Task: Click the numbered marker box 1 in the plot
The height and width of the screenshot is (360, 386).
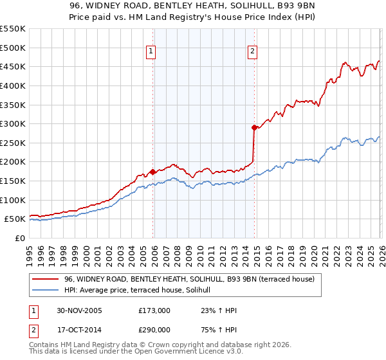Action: tap(150, 52)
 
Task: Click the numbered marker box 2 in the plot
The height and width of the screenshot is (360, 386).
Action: tap(252, 52)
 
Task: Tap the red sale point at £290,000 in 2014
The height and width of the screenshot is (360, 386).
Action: tap(254, 127)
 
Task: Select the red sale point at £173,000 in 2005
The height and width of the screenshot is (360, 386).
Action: tap(153, 172)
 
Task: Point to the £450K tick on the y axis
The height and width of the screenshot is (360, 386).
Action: tap(13, 66)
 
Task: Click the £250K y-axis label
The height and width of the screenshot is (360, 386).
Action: tap(13, 143)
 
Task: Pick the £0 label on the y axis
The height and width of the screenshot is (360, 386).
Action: tap(19, 238)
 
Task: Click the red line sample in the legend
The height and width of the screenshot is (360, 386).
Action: tap(46, 279)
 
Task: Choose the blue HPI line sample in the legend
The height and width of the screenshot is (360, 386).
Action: tap(46, 291)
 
